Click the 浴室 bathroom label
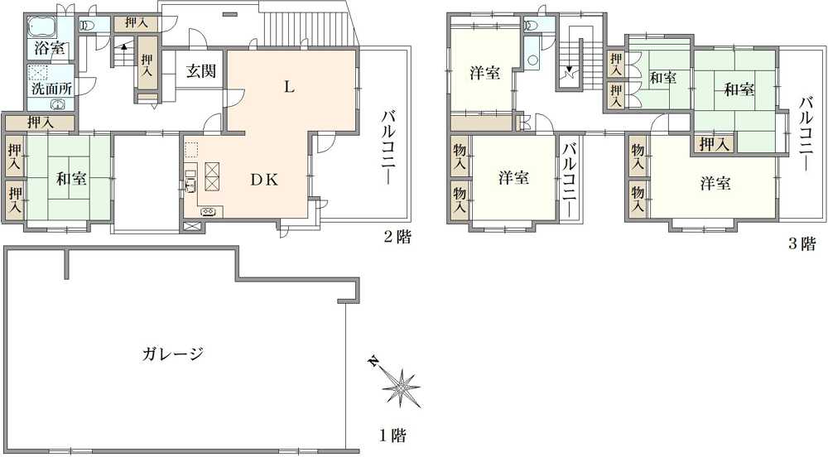point(50,47)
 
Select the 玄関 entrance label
point(200,71)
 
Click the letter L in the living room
point(288,87)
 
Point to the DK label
point(264,180)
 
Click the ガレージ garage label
point(172,354)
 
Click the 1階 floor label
point(392,435)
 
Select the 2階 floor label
point(397,238)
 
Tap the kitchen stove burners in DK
point(207,211)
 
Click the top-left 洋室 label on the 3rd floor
point(484,73)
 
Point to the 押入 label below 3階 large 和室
point(714,145)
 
